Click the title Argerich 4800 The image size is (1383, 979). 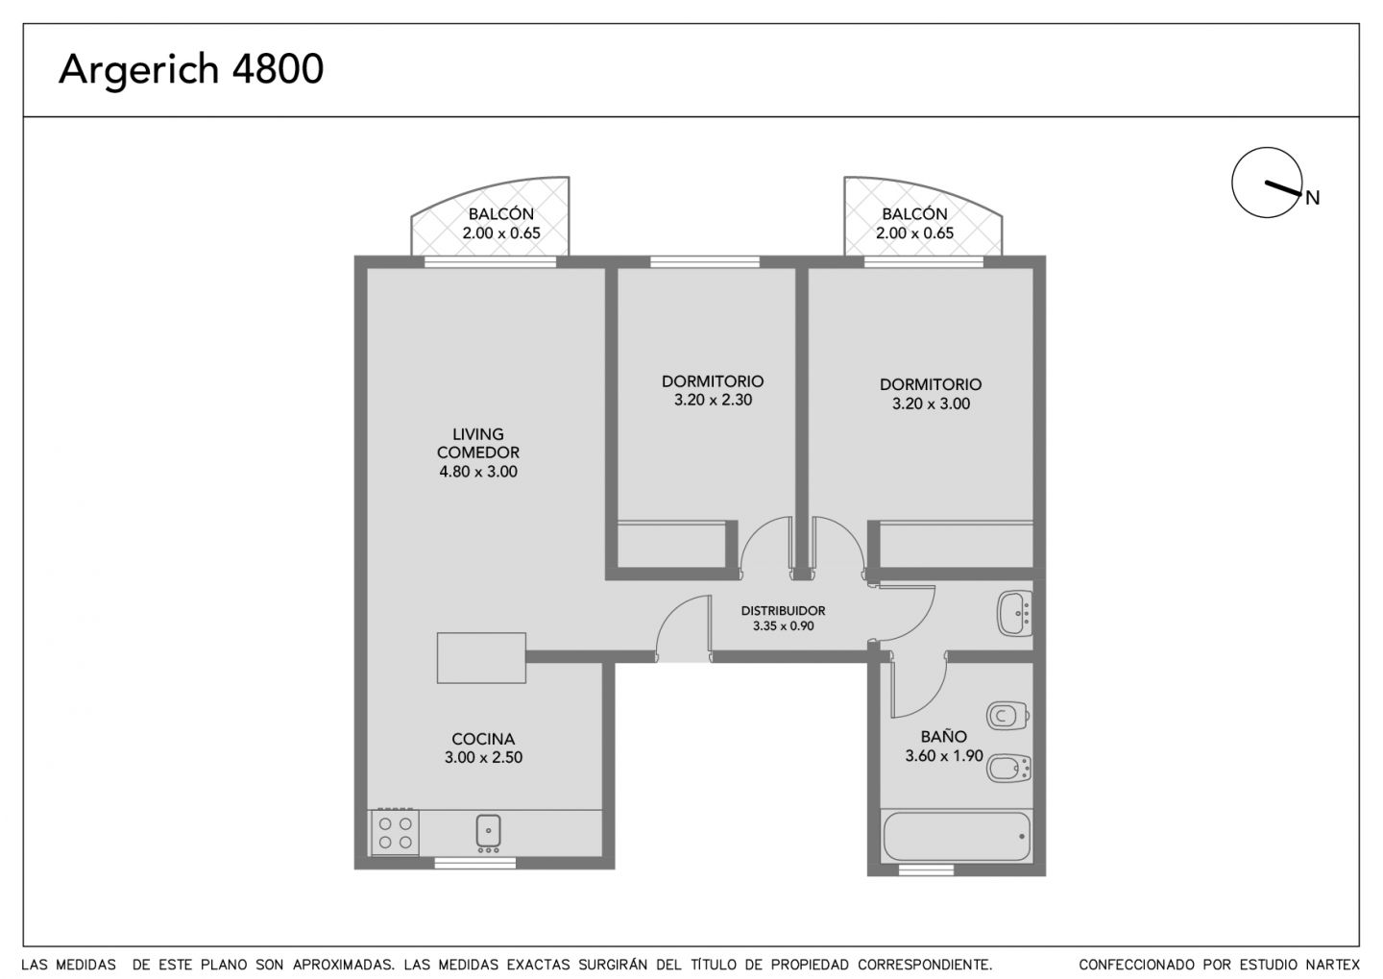pos(191,70)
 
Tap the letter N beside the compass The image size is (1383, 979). pos(1313,198)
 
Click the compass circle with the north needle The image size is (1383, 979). pos(1267,183)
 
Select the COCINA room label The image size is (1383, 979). pos(483,739)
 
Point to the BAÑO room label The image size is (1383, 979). pos(943,736)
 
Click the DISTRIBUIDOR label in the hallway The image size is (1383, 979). pos(783,611)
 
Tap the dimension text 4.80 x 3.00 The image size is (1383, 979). pos(478,472)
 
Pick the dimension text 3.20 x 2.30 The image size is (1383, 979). pos(713,401)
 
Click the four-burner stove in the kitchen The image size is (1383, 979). pos(395,833)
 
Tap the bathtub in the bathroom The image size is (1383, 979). pos(957,836)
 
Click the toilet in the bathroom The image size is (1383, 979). pos(1007,716)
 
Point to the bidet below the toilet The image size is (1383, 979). pos(1008,769)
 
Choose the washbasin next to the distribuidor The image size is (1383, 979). pos(1014,613)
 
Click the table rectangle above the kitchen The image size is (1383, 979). pos(481,658)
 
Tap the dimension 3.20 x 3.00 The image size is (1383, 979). pos(931,404)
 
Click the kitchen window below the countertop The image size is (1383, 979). pos(474,864)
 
